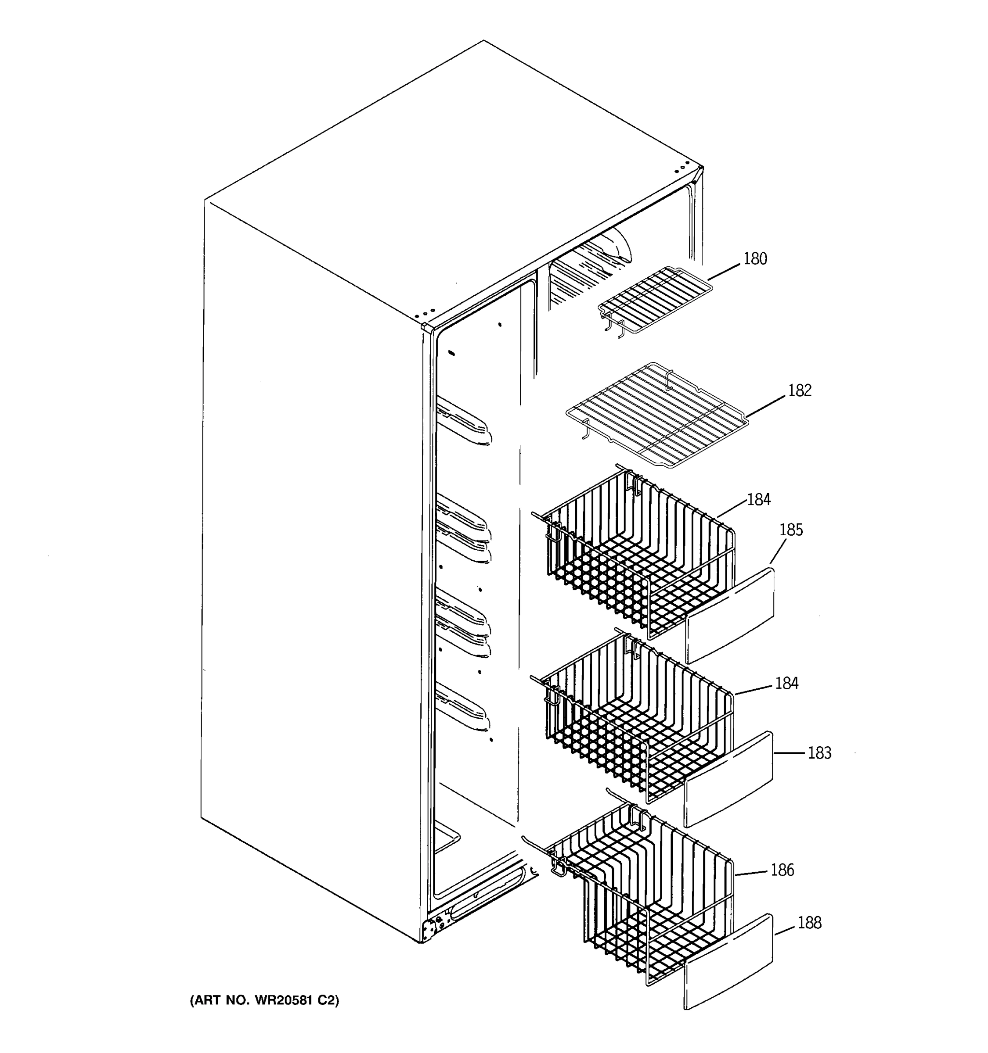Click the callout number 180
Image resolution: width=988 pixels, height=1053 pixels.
coord(755,259)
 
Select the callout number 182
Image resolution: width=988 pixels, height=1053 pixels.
coord(799,390)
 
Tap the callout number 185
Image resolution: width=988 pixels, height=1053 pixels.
coord(791,530)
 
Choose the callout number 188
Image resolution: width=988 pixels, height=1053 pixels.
coord(809,923)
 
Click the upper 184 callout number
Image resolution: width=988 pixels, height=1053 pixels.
coord(758,499)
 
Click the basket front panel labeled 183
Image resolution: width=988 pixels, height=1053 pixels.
coord(729,779)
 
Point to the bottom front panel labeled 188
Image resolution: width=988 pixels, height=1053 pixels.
coord(729,961)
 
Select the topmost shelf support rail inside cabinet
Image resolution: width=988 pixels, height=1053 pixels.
coord(464,421)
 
